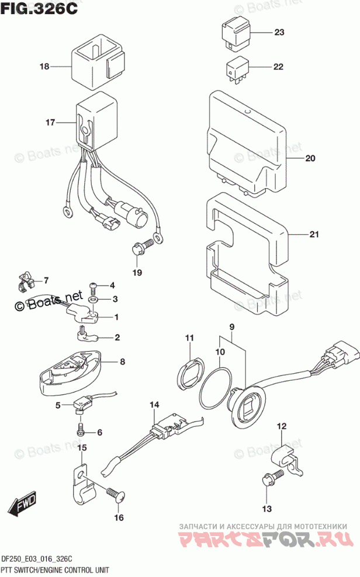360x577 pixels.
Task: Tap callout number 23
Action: tap(278, 33)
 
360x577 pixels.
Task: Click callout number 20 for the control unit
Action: tap(310, 158)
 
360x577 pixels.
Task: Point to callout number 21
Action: tap(314, 235)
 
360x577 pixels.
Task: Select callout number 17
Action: tap(50, 123)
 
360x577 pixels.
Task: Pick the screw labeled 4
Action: tap(93, 286)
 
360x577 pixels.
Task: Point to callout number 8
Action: tap(122, 362)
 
